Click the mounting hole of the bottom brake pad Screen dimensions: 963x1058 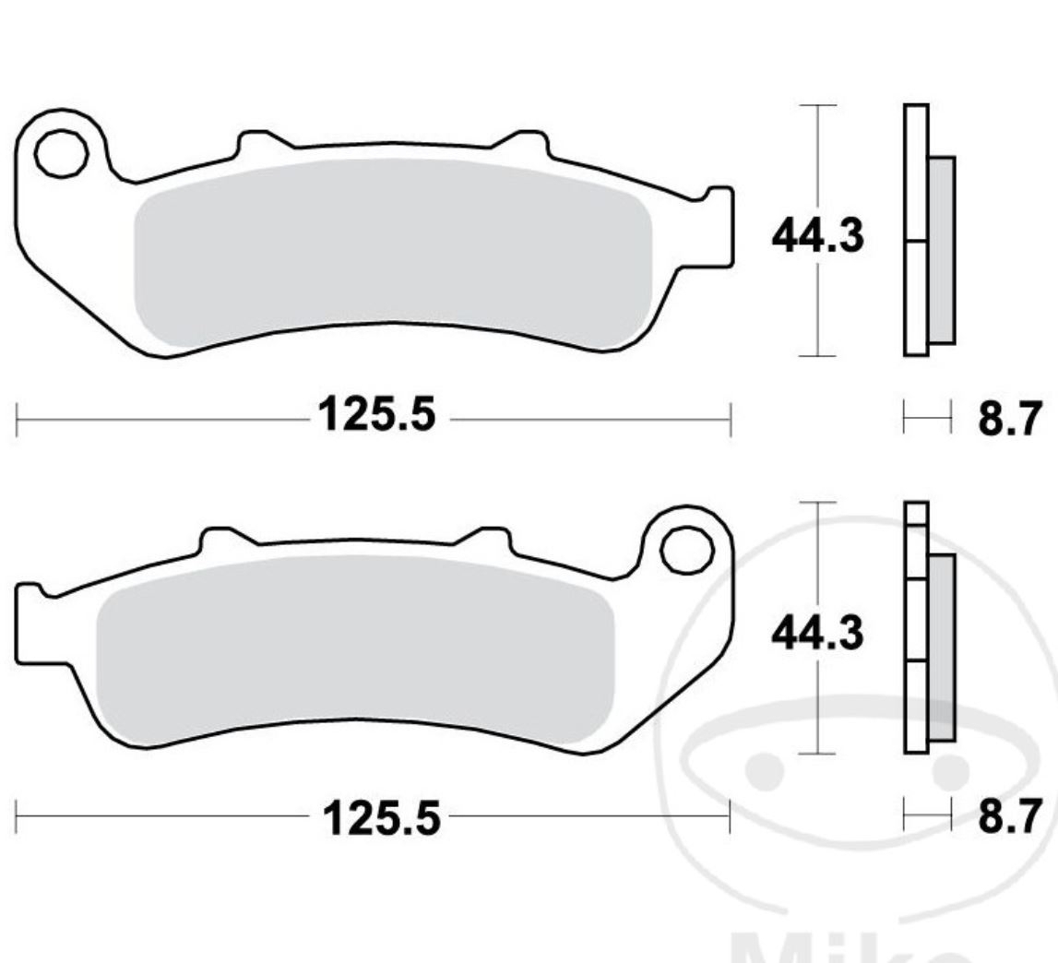[687, 551]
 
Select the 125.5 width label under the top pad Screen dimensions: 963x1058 [376, 416]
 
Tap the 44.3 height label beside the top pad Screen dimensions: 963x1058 [818, 237]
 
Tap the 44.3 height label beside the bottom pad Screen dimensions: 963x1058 [818, 635]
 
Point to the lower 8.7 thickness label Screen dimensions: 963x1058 [1008, 816]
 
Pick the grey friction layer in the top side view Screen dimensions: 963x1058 [941, 249]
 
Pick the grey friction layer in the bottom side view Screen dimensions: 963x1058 [942, 646]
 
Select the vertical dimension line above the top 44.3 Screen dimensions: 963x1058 [817, 157]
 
